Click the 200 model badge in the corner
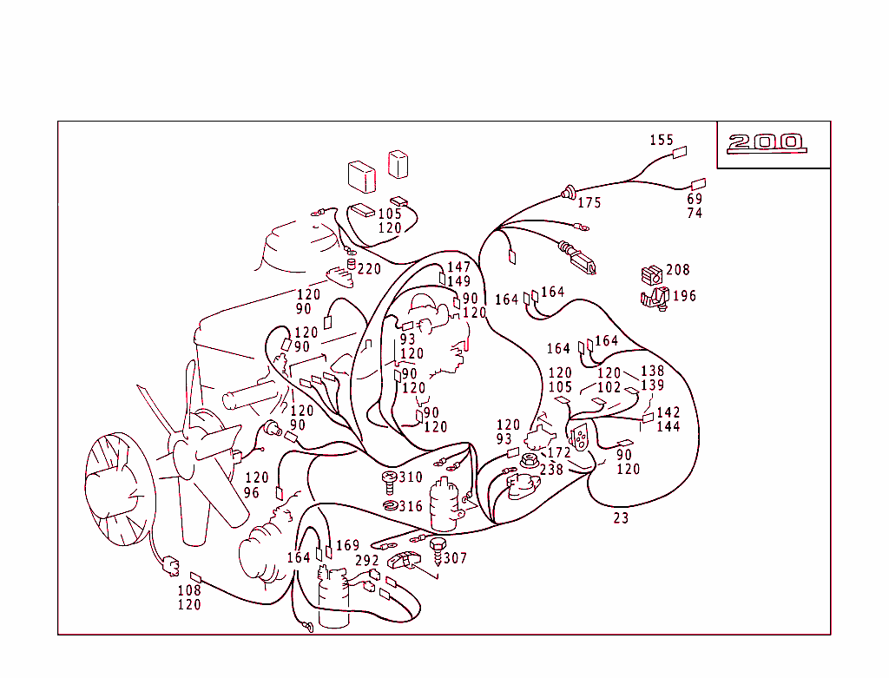click(x=767, y=142)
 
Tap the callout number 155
click(x=662, y=140)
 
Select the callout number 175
click(x=589, y=203)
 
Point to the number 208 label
click(x=678, y=270)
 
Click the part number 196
click(x=684, y=296)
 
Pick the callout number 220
click(x=369, y=269)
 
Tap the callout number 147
click(x=458, y=267)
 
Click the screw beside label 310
click(x=389, y=477)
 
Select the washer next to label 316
click(x=390, y=506)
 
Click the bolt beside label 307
click(x=437, y=547)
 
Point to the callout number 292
click(x=367, y=561)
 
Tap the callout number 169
click(x=347, y=546)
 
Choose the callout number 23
click(x=621, y=518)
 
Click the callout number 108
click(x=189, y=590)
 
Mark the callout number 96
click(x=252, y=492)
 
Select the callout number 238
click(x=551, y=470)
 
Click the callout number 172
click(x=559, y=453)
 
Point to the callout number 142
click(x=668, y=412)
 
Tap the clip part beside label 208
click(x=650, y=275)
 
